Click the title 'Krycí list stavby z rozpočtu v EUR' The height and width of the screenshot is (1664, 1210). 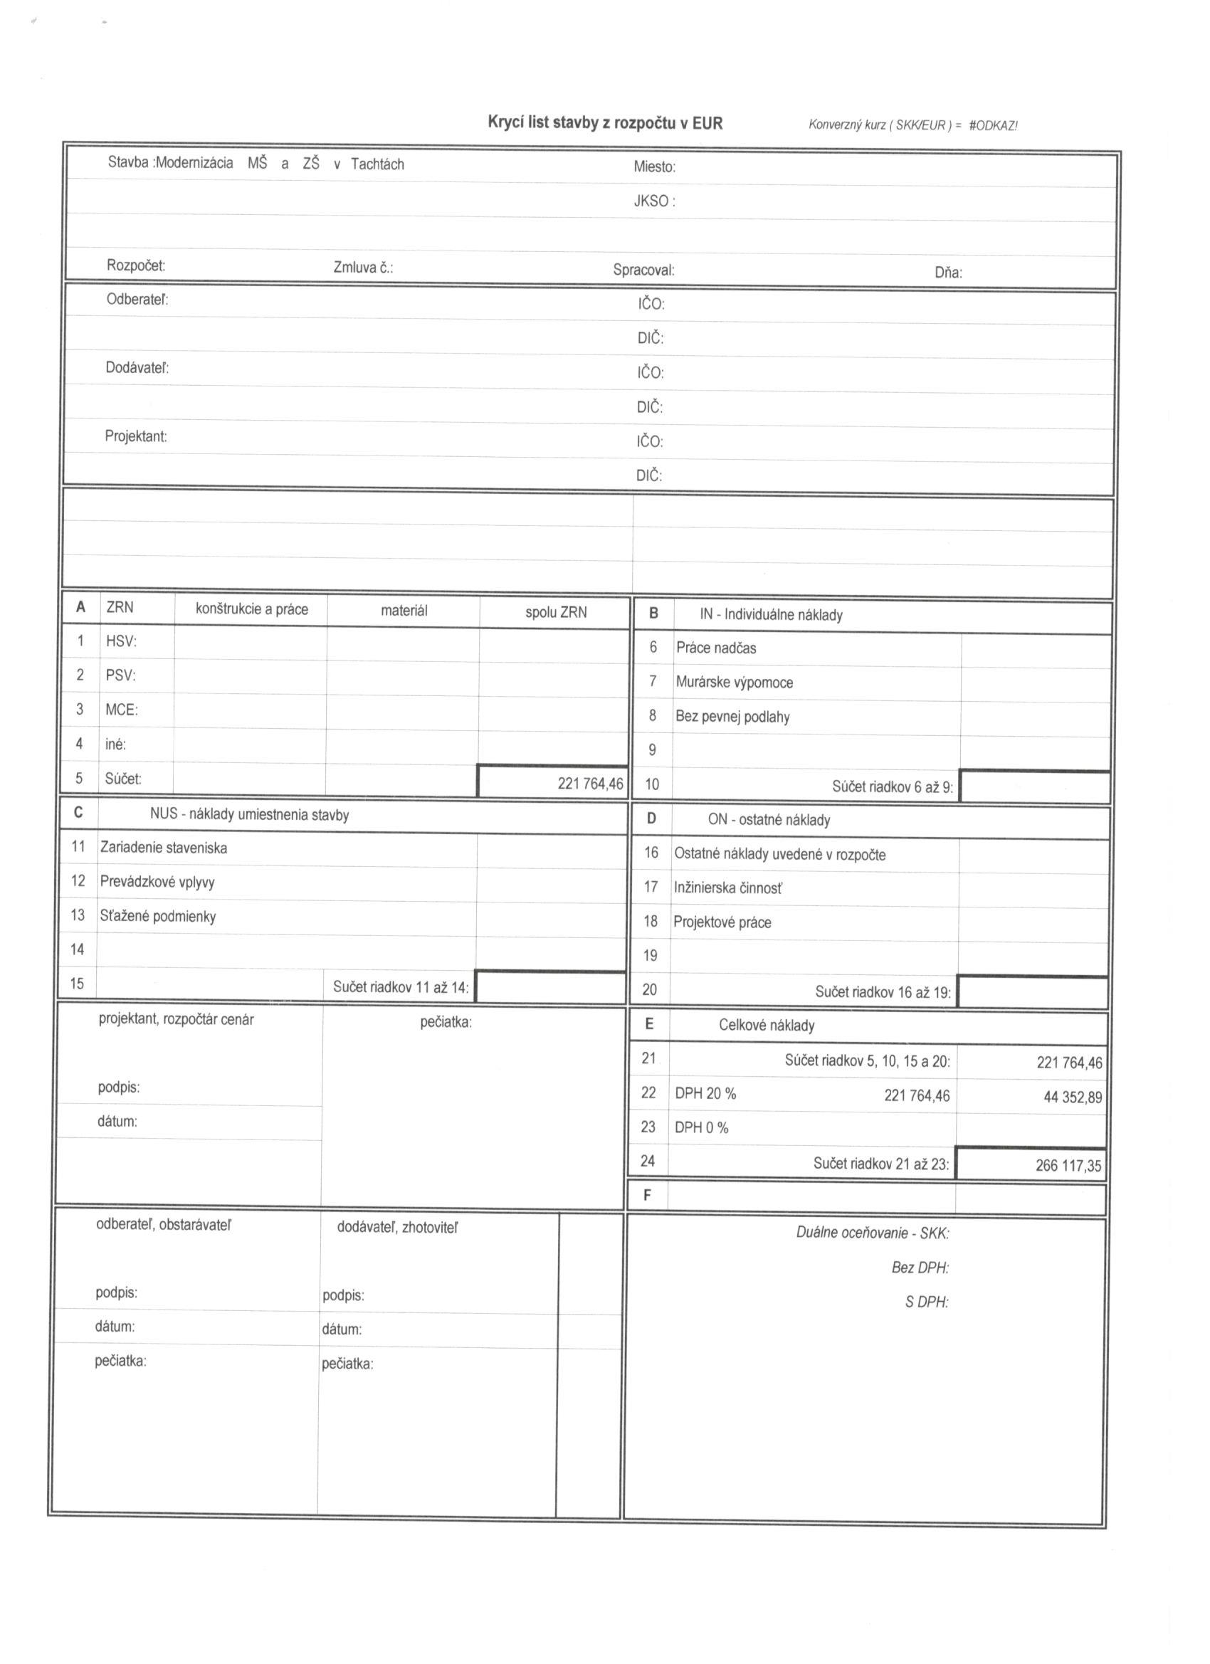click(604, 122)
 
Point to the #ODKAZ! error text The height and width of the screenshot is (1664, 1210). click(993, 125)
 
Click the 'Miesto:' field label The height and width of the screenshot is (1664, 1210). click(654, 167)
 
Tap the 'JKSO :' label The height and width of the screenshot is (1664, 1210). click(654, 201)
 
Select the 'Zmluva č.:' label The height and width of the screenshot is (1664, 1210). click(362, 268)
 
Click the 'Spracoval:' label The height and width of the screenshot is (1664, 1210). click(643, 270)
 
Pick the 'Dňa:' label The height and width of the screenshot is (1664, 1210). click(948, 273)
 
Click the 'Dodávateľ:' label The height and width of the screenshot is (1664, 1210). click(137, 367)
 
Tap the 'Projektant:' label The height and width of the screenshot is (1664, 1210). click(136, 436)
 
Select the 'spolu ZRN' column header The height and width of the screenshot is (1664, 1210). click(555, 612)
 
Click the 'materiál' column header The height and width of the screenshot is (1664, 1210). click(404, 611)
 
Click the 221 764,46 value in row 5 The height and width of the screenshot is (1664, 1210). click(590, 784)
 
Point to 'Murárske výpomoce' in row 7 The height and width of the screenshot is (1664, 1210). click(734, 683)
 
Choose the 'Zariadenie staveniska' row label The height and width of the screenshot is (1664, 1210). click(164, 848)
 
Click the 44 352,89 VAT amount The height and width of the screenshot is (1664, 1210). click(1072, 1097)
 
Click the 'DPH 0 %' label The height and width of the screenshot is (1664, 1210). click(702, 1127)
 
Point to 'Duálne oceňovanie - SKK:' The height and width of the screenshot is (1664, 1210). click(873, 1233)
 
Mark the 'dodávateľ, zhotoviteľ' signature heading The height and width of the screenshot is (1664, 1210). click(397, 1228)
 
